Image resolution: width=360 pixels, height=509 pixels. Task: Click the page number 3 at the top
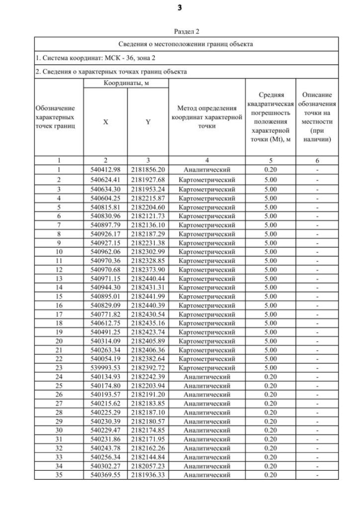point(179,8)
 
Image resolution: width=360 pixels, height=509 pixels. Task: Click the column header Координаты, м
point(126,83)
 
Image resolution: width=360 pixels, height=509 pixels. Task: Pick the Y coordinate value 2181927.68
point(147,179)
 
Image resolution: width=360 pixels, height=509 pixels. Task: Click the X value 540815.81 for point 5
point(106,206)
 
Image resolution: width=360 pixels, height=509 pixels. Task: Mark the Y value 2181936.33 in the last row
point(147,475)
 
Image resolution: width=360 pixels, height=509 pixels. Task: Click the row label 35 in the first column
point(58,475)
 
